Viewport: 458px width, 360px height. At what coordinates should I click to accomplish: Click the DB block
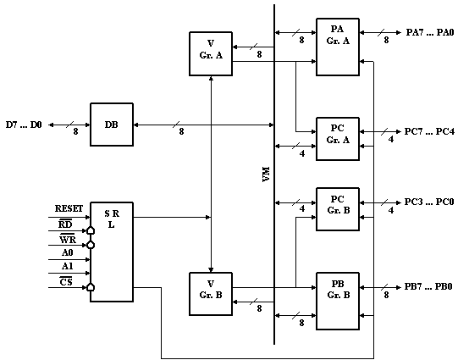click(112, 125)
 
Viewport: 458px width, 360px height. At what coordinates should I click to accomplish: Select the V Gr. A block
click(211, 53)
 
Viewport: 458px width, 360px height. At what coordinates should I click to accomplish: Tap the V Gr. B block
click(211, 294)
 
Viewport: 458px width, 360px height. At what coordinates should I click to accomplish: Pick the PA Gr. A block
click(338, 47)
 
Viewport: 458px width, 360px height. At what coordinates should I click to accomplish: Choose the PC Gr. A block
click(338, 139)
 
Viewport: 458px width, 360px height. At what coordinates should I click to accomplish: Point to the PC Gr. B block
click(338, 209)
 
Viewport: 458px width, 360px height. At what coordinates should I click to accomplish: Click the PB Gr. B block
click(338, 301)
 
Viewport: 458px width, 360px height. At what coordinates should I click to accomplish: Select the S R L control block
click(112, 252)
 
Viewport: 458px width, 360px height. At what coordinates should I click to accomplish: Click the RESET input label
click(69, 208)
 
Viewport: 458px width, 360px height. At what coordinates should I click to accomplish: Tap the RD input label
click(65, 224)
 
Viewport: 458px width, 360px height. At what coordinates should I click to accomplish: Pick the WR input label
click(68, 239)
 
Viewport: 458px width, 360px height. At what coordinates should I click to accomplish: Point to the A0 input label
click(67, 252)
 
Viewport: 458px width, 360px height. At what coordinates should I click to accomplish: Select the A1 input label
click(67, 266)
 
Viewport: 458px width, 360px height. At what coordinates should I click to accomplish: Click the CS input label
click(66, 282)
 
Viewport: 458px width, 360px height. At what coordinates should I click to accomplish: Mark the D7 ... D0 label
click(24, 125)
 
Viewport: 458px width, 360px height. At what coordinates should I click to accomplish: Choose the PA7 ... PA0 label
click(430, 32)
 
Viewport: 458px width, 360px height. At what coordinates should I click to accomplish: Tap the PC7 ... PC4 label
click(429, 131)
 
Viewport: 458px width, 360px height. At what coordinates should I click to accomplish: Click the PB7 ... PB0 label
click(428, 286)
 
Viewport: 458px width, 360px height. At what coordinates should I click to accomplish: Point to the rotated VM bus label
click(266, 174)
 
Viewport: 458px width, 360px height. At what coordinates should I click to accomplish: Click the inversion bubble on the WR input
click(91, 245)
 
